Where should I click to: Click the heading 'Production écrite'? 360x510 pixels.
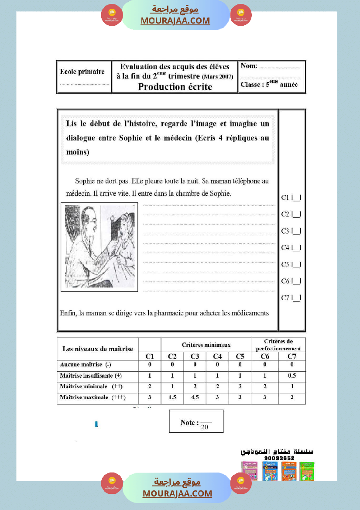175,86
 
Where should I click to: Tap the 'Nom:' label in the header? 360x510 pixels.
249,66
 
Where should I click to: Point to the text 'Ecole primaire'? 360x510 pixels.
82,72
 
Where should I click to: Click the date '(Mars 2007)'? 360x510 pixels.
217,77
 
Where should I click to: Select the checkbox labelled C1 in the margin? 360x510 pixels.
297,198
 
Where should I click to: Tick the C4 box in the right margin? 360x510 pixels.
297,248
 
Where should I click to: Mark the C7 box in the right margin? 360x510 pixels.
297,298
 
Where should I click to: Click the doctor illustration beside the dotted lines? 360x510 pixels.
99,246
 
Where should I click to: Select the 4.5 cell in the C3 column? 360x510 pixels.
195,397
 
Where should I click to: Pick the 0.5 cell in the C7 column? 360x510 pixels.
291,376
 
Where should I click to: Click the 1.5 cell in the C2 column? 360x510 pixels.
172,397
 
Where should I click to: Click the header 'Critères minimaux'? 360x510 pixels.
206,345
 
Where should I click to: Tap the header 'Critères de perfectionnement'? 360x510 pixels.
278,345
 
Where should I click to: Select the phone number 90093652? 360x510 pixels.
279,458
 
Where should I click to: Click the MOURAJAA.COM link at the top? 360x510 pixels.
175,21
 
